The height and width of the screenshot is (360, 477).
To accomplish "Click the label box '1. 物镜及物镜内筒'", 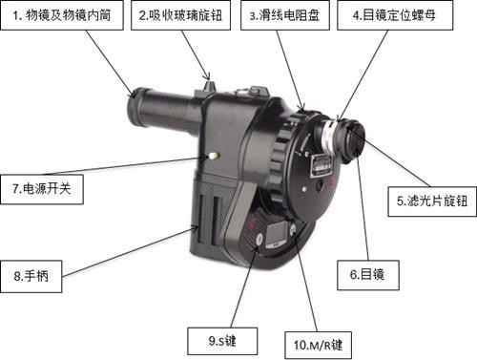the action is pos(62,15).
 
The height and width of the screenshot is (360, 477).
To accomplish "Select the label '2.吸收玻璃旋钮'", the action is pos(180,15).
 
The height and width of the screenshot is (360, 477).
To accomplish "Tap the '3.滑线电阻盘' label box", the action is pos(285,15).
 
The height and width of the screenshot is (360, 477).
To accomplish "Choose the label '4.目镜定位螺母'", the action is pos(395,15).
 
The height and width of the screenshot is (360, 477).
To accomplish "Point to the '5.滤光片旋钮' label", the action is pos(432,201).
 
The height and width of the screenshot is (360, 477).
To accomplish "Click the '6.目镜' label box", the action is pos(368,275).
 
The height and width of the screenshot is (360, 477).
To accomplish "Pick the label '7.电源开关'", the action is pos(42,189).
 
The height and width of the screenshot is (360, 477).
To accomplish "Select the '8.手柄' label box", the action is pos(31,276).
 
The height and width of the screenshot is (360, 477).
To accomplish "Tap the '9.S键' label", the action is pos(222,341).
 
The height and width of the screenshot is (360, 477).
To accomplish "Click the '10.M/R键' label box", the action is pos(318,345).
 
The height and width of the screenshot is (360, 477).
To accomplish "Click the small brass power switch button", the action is pos(213,156).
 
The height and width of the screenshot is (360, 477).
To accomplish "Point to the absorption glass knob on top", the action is pos(209,85).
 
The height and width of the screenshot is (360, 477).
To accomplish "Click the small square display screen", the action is pos(276,235).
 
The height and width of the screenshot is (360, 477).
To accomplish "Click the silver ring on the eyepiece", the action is pos(330,136).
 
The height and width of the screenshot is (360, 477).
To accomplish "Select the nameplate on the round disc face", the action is pos(321,166).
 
